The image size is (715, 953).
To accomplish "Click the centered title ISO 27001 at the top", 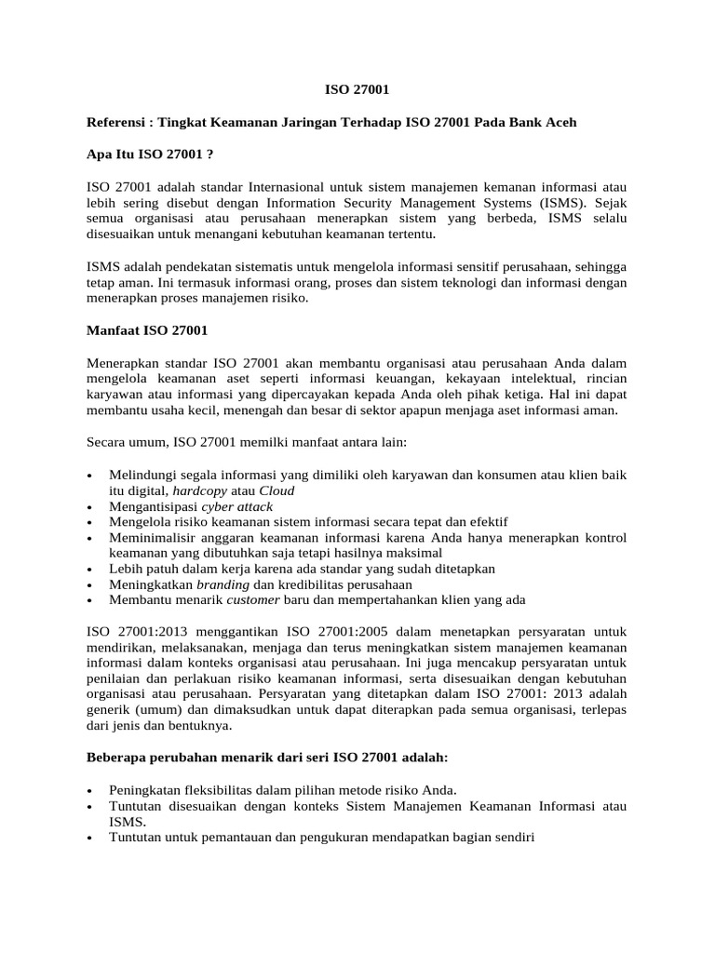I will (x=357, y=90).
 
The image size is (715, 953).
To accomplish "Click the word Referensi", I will (x=118, y=122).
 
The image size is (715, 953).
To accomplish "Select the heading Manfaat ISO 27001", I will (x=147, y=329).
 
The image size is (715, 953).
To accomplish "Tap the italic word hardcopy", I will (x=201, y=490).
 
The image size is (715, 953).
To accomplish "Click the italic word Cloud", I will (x=277, y=490).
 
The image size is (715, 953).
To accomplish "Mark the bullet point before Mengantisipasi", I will (x=88, y=507).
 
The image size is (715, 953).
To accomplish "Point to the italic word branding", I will (x=223, y=584).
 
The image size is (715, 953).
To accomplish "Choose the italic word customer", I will (x=254, y=600).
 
